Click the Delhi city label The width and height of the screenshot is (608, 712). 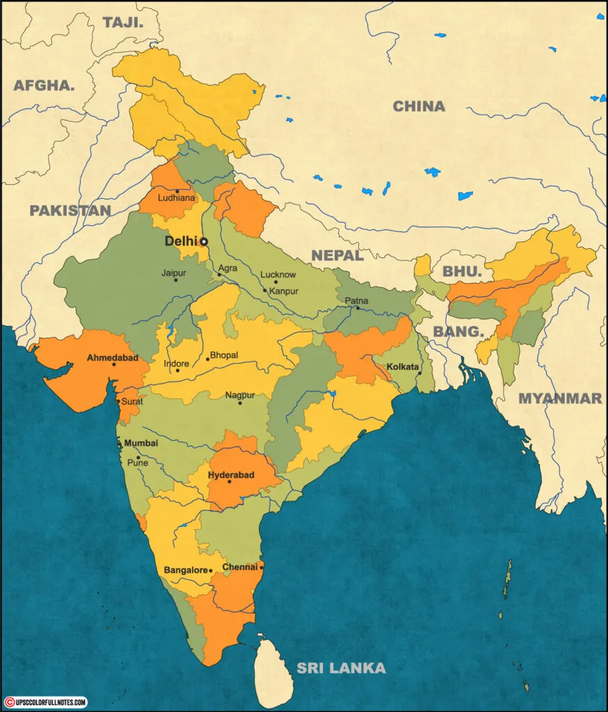tap(180, 241)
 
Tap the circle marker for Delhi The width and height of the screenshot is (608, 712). tap(204, 242)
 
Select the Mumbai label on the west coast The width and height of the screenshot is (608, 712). tap(141, 443)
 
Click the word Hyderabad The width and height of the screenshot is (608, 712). tap(232, 475)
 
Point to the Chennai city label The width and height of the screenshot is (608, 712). tap(240, 567)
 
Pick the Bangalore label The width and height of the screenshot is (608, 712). tap(186, 570)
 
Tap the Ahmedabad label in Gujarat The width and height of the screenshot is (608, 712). tap(113, 357)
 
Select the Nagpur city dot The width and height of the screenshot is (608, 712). tap(240, 403)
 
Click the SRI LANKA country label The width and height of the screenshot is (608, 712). tap(341, 668)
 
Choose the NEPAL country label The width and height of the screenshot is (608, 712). tap(337, 255)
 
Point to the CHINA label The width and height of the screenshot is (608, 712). tap(419, 106)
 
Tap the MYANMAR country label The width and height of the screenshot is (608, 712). tap(560, 398)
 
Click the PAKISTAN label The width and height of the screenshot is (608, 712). tap(70, 210)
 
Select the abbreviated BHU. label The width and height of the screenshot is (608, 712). tap(463, 272)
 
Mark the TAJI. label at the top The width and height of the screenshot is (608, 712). tap(123, 22)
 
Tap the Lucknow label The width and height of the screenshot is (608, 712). tap(278, 275)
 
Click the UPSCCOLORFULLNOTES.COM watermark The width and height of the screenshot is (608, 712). tap(45, 703)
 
